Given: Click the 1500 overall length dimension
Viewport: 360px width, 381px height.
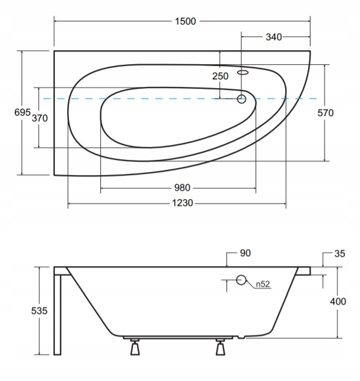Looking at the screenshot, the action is tap(186, 22).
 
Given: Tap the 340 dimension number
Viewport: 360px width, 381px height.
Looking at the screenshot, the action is tap(274, 37).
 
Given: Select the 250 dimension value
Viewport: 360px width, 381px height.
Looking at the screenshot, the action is tap(221, 76).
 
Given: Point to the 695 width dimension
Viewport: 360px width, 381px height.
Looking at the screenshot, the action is tap(23, 112).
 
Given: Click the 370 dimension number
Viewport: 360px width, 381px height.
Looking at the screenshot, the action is tap(40, 118).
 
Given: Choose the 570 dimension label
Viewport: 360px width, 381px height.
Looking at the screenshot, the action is tap(326, 113).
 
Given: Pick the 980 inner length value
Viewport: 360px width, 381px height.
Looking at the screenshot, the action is tap(182, 188).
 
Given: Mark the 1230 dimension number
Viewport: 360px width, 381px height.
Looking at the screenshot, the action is tap(183, 203).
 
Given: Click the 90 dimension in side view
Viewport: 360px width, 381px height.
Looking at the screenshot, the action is tap(245, 253).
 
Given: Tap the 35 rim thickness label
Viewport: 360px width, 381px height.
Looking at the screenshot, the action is tap(340, 253).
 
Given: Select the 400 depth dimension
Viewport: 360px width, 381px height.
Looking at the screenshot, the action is tap(338, 301).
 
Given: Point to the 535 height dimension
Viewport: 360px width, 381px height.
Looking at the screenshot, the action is tap(39, 310).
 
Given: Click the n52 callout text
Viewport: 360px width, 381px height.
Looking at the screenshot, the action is tap(263, 284).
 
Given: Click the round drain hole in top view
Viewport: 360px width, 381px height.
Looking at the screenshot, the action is tap(242, 99).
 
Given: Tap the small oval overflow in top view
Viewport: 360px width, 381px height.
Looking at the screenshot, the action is tap(243, 72).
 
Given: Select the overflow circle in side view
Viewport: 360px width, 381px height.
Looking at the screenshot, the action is tap(241, 280).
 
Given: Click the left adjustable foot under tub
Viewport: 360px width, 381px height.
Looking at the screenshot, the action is tap(135, 347).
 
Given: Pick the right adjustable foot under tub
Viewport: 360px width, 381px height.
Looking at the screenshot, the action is tap(221, 347).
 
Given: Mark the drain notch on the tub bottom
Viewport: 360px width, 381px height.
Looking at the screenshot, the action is tap(241, 337).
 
